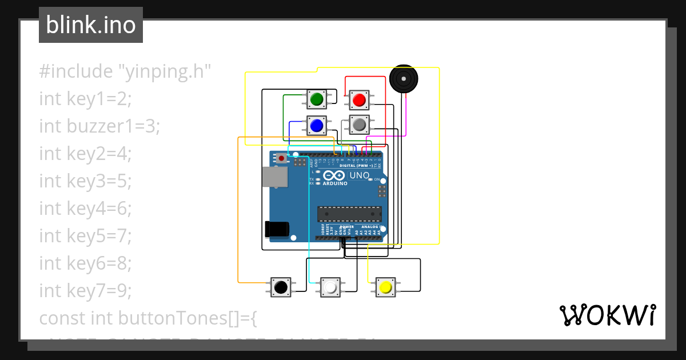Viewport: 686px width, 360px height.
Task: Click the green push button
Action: pyautogui.click(x=316, y=100)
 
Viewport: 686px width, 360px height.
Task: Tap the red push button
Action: pyautogui.click(x=359, y=100)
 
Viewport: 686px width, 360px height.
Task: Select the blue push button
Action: pyautogui.click(x=316, y=125)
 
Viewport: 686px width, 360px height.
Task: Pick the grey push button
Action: pyautogui.click(x=359, y=125)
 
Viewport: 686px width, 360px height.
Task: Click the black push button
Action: pyautogui.click(x=280, y=287)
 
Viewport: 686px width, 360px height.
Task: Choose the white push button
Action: pyautogui.click(x=330, y=287)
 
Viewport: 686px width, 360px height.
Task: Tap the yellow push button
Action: pyautogui.click(x=385, y=287)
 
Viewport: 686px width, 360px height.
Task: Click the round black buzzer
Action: pyautogui.click(x=404, y=79)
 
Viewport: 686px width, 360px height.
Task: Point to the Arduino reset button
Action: pyautogui.click(x=281, y=157)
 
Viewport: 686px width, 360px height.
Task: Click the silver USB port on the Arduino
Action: pyautogui.click(x=274, y=177)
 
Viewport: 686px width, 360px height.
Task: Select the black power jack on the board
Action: pyautogui.click(x=277, y=229)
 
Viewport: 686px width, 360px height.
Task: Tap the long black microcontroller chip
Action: pyautogui.click(x=349, y=214)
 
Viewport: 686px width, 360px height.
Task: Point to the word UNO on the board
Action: pyautogui.click(x=360, y=175)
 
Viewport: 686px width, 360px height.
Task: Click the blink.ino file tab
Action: pyautogui.click(x=91, y=25)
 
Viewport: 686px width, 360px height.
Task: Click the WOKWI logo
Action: pyautogui.click(x=607, y=315)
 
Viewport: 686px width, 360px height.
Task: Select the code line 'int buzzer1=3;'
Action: pyautogui.click(x=99, y=126)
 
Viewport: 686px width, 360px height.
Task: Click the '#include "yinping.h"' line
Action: pyautogui.click(x=125, y=71)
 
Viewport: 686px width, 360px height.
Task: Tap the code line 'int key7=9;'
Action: pyautogui.click(x=85, y=291)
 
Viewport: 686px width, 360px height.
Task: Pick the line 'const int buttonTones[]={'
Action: pyautogui.click(x=148, y=318)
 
